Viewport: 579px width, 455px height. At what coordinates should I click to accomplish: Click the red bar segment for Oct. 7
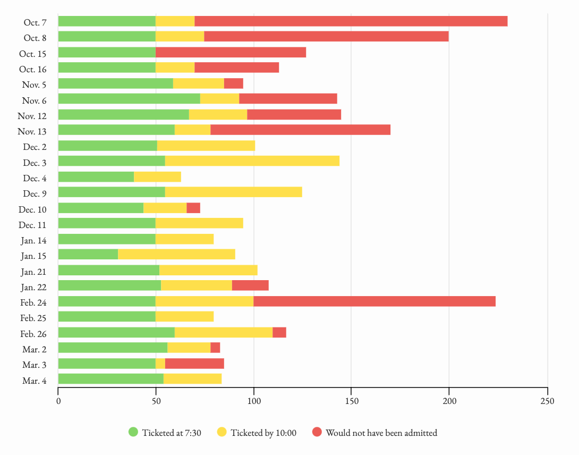[x=351, y=21]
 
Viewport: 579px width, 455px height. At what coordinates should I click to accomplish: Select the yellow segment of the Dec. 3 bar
[x=252, y=161]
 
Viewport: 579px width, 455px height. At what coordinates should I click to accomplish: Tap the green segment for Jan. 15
[x=88, y=255]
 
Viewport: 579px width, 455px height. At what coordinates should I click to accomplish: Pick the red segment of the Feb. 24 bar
[x=374, y=301]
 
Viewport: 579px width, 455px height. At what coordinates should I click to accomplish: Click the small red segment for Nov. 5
[x=234, y=83]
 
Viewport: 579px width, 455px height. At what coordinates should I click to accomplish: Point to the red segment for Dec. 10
[x=193, y=208]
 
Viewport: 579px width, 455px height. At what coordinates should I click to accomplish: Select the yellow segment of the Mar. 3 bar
[x=160, y=364]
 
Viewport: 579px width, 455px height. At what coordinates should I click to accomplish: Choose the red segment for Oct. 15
[x=231, y=52]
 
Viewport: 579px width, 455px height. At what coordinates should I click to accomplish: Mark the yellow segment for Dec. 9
[x=234, y=192]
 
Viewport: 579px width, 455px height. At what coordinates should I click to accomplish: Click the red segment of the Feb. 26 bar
[x=279, y=333]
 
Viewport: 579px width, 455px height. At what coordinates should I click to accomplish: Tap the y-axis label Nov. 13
[x=32, y=132]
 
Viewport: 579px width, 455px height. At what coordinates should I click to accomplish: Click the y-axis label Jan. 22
[x=33, y=288]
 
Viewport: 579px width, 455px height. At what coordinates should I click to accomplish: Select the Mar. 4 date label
[x=34, y=381]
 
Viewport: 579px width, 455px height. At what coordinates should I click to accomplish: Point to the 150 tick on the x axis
[x=351, y=401]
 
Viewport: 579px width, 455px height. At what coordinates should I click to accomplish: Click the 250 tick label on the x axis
[x=547, y=401]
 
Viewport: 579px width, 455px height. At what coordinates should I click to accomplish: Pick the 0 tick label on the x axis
[x=58, y=401]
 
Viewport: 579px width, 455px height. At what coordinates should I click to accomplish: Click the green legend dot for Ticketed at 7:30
[x=133, y=432]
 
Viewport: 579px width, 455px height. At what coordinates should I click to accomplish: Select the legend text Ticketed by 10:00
[x=263, y=433]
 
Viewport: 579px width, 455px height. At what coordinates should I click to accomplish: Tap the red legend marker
[x=317, y=432]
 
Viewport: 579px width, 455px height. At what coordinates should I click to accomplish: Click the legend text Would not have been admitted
[x=381, y=433]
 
